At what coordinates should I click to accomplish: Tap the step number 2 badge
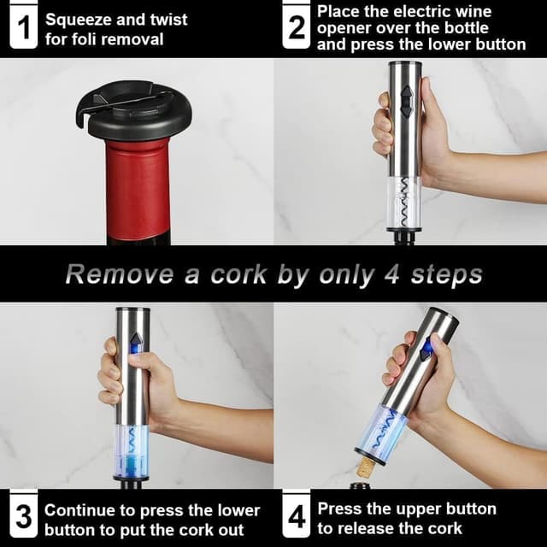pos(296,29)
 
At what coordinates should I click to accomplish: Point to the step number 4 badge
pos(296,518)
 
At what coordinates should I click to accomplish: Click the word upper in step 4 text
pos(421,509)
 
